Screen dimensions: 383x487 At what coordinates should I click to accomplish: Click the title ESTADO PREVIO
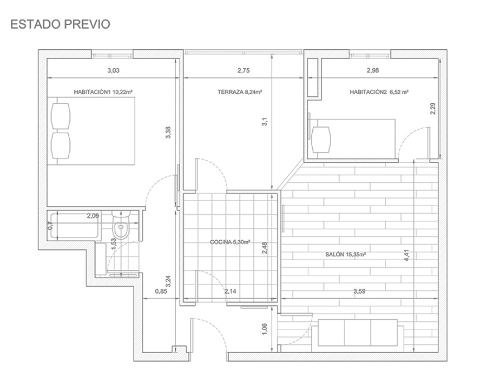click(60, 24)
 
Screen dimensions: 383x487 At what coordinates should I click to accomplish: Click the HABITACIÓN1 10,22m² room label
click(103, 93)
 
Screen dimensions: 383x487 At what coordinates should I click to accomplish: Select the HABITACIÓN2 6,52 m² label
click(379, 93)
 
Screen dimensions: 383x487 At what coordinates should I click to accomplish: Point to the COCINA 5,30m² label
click(230, 242)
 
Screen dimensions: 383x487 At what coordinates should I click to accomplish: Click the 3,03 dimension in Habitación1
click(113, 70)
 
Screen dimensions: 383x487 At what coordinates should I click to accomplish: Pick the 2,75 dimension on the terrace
click(243, 70)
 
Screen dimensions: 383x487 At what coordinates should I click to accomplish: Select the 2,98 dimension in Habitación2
click(373, 70)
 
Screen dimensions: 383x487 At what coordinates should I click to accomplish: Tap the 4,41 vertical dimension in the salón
click(407, 255)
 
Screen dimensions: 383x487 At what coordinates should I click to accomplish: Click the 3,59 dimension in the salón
click(359, 292)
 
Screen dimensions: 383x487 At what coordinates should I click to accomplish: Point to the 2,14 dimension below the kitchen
click(231, 292)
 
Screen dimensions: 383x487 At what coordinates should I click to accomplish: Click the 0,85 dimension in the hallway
click(161, 292)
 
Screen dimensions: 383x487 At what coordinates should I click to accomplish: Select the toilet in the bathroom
click(120, 230)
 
